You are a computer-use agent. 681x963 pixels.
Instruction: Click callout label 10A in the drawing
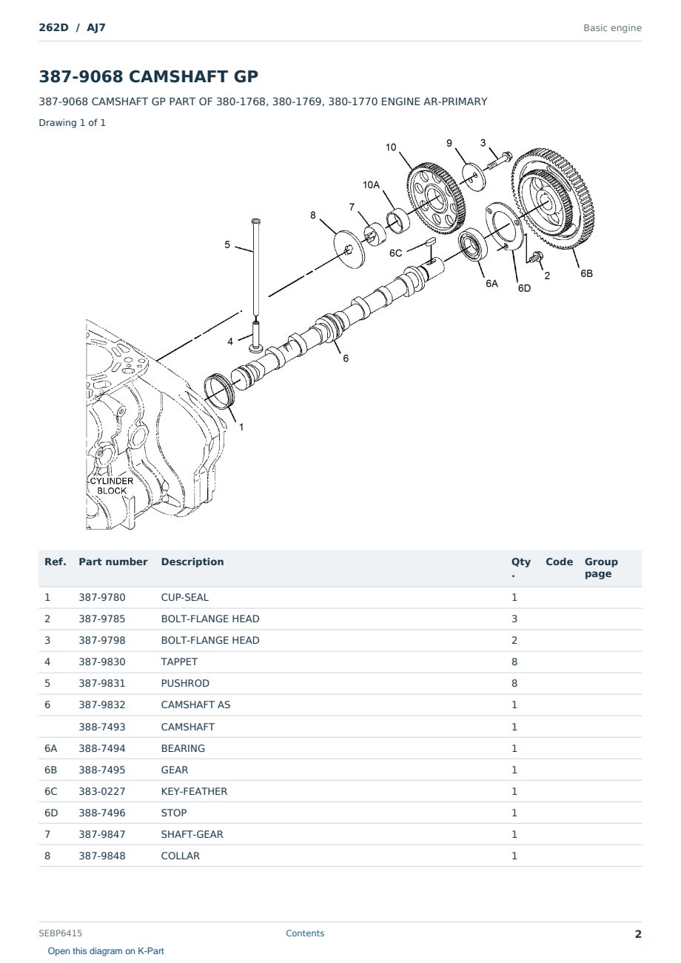click(371, 185)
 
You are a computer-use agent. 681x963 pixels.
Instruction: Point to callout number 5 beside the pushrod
click(227, 244)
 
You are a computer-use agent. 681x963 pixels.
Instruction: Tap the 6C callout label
click(396, 253)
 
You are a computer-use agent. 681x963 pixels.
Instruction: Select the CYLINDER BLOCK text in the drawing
click(111, 486)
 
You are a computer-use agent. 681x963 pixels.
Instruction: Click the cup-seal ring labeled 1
click(220, 391)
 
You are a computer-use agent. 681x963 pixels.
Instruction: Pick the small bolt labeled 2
click(535, 257)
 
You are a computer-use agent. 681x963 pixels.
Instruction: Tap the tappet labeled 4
click(256, 336)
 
